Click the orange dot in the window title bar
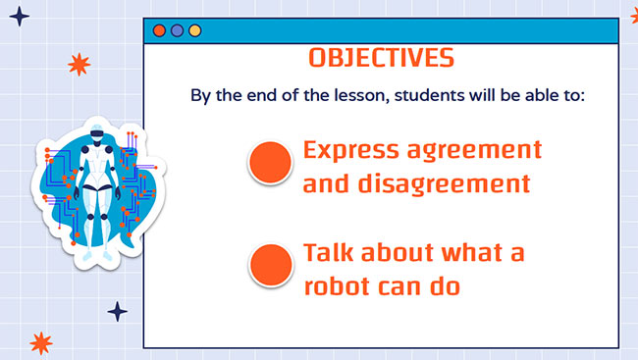pos(160,30)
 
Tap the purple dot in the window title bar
pos(177,30)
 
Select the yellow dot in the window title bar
pos(193,30)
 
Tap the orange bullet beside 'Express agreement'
pos(271,163)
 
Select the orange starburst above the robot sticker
pos(79,65)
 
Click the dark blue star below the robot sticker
pos(117,312)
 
